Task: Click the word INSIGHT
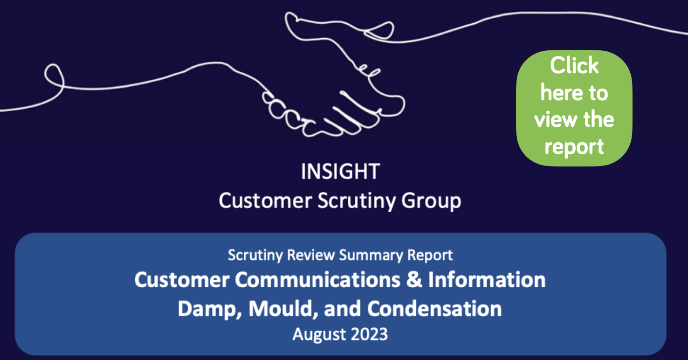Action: [340, 172]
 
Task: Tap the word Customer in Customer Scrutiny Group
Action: [265, 201]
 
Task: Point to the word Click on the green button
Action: [574, 66]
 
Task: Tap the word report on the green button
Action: [574, 146]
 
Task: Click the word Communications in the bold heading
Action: [327, 280]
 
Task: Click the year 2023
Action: [368, 335]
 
